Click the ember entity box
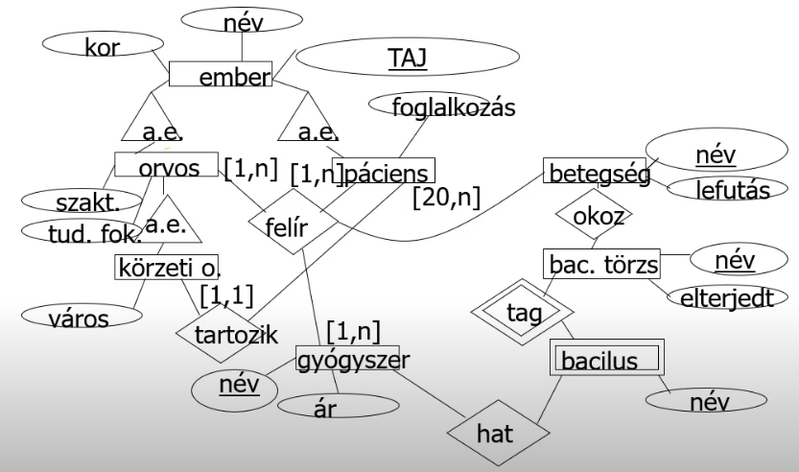point(221,75)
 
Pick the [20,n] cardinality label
point(446,199)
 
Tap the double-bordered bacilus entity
point(605,361)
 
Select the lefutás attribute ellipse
point(735,191)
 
